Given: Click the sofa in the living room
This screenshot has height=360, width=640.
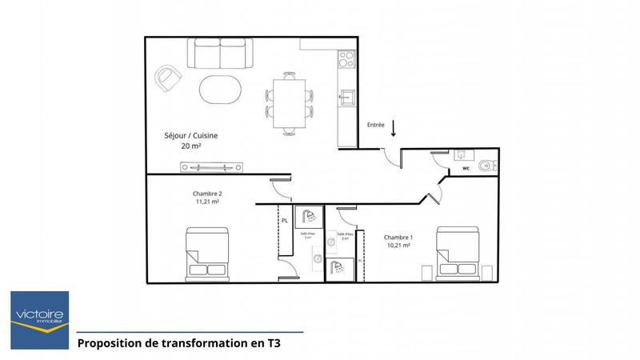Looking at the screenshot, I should [x=220, y=54].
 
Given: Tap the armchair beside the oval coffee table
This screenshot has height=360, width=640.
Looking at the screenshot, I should [x=169, y=77].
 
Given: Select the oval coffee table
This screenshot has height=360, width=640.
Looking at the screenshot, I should [x=220, y=89].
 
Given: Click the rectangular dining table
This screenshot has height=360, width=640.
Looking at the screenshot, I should [x=289, y=102].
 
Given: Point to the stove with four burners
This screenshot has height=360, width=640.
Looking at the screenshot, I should [x=346, y=59].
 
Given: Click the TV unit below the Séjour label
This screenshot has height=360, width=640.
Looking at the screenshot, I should [x=212, y=166].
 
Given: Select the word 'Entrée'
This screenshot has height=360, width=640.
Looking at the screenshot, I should [x=376, y=126].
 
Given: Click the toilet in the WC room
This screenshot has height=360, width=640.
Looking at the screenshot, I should [x=486, y=166].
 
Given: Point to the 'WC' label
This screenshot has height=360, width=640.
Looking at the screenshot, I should [x=466, y=170].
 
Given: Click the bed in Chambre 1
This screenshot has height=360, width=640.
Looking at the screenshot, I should [x=458, y=253].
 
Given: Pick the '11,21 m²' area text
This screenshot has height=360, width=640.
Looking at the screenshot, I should [x=207, y=202].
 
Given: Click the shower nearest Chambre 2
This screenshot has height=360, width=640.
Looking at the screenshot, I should [x=308, y=218].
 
